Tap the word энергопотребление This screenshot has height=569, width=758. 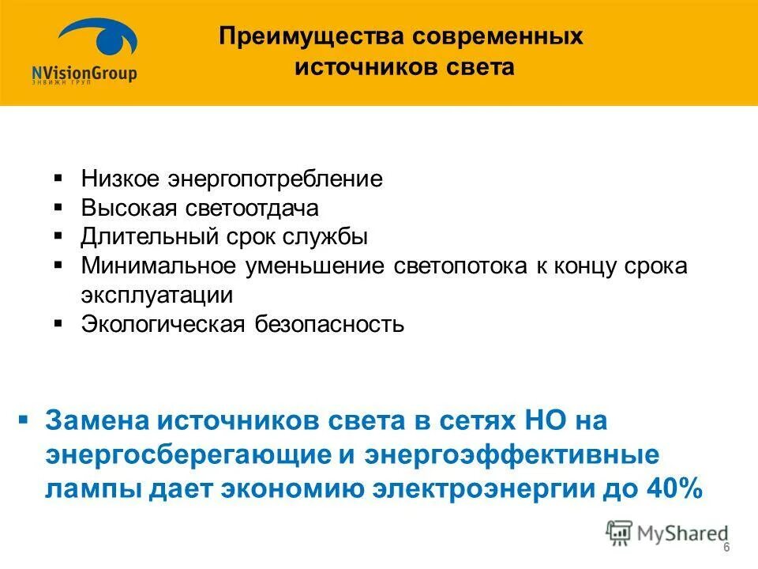(x=274, y=179)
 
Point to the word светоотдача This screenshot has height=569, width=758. (x=253, y=208)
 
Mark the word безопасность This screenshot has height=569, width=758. (x=329, y=325)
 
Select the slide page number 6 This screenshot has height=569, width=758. (x=726, y=549)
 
